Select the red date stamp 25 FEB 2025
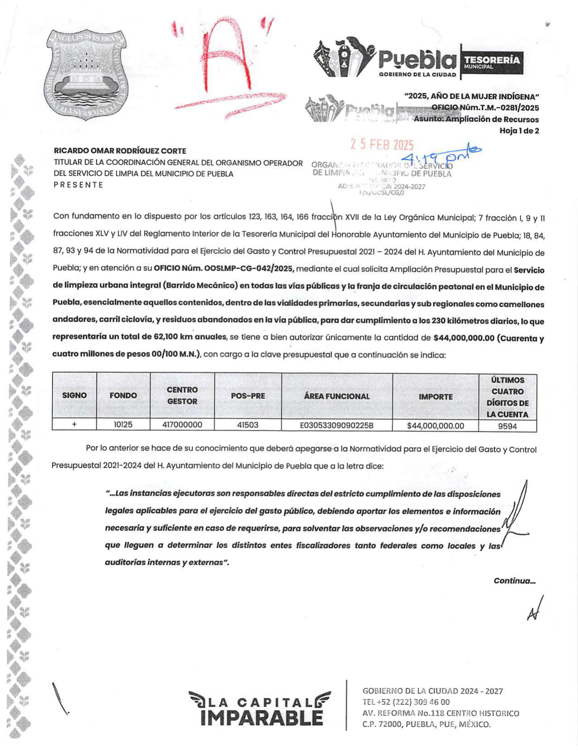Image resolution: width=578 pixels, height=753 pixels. pyautogui.click(x=382, y=145)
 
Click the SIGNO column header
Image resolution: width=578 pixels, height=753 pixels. pyautogui.click(x=74, y=395)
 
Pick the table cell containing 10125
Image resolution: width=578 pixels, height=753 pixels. pyautogui.click(x=123, y=425)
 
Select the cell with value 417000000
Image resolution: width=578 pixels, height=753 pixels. pyautogui.click(x=182, y=425)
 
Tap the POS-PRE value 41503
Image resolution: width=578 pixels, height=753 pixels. pyautogui.click(x=248, y=425)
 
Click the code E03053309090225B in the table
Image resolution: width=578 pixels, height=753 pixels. pyautogui.click(x=336, y=425)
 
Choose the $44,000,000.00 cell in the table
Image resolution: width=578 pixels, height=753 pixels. pyautogui.click(x=435, y=426)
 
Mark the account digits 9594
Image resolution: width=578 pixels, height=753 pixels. pyautogui.click(x=507, y=426)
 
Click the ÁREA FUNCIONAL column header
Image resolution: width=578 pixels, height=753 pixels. pyautogui.click(x=336, y=396)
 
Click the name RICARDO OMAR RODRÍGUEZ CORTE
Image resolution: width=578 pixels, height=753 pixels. pyautogui.click(x=120, y=151)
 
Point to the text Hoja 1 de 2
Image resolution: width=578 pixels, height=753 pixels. pyautogui.click(x=519, y=131)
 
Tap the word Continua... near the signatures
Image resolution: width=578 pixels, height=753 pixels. pyautogui.click(x=514, y=581)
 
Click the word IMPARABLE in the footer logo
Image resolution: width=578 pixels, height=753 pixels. pyautogui.click(x=261, y=718)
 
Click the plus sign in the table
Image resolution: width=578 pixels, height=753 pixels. pyautogui.click(x=74, y=424)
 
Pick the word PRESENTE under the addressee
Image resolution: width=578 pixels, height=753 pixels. pyautogui.click(x=78, y=185)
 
